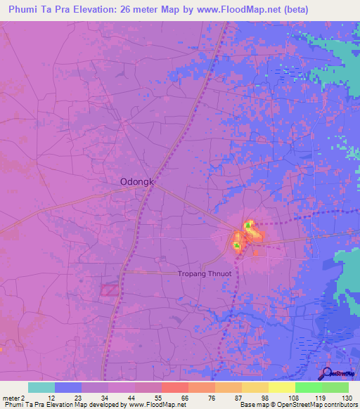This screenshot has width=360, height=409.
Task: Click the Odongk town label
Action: click(x=133, y=181)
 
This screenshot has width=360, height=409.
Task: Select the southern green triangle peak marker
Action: click(x=237, y=246)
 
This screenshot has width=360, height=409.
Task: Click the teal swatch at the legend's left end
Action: click(x=41, y=387)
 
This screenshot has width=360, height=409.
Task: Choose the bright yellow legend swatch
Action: click(x=281, y=387)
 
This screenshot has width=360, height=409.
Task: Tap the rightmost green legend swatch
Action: click(x=335, y=387)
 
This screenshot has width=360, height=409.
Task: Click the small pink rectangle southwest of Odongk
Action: click(x=110, y=289)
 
